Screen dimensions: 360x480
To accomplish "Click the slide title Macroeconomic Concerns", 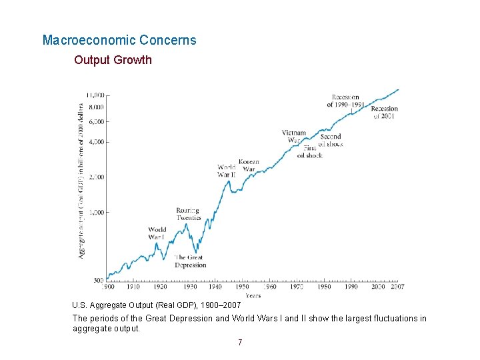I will pos(119,40).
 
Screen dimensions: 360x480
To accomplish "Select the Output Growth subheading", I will pos(113,60).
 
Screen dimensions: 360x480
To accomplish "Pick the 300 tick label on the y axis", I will pos(97,280).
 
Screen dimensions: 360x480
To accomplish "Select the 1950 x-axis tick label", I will pos(243,287).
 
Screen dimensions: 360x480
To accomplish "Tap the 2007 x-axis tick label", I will pos(397,287).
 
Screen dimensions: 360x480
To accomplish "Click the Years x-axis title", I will pos(253,295).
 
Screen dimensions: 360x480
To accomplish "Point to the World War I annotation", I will pos(157,233).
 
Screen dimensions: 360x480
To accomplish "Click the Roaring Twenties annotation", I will pos(188,214).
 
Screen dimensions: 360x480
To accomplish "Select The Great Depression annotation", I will pos(190,261).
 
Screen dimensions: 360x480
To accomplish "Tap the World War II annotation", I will pos(227,170).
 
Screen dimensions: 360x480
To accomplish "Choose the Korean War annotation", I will pos(249,165).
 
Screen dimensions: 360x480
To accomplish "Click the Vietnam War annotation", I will pos(293,136).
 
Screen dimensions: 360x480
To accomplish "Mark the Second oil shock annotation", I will pos(330,140).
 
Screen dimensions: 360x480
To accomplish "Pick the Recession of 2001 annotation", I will pos(384,112).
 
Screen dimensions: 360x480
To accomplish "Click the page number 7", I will pos(240,343).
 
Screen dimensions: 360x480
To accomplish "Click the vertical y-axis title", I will pos(81,180).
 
